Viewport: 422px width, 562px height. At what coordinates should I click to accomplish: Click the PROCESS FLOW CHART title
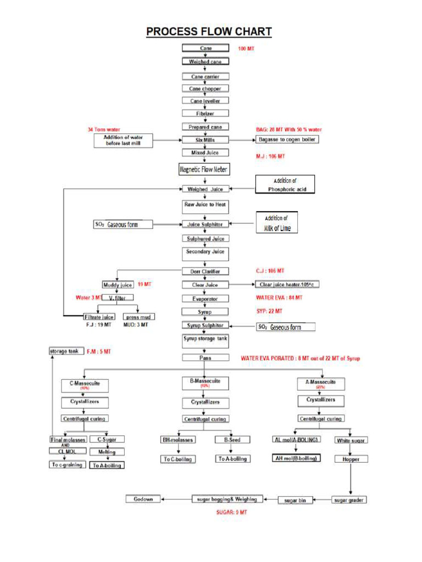pos(209,32)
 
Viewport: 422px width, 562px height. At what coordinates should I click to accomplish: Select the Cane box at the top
pos(205,48)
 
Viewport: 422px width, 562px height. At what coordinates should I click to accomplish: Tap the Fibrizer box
pos(205,114)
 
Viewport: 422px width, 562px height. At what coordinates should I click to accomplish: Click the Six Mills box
pos(205,140)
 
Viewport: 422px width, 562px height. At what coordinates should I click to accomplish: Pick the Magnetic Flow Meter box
pos(203,170)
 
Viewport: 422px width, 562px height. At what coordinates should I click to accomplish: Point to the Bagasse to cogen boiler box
pos(287,140)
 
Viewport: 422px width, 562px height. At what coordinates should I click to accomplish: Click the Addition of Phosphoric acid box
pos(285,184)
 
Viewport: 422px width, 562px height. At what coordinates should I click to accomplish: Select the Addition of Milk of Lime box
pos(277,222)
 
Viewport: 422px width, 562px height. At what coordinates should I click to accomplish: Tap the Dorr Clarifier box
pos(205,271)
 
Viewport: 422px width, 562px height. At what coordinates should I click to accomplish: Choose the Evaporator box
pos(205,299)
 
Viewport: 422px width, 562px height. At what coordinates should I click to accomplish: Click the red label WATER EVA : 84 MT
pos(279,297)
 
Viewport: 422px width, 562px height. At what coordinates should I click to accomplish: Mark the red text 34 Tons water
pos(104,130)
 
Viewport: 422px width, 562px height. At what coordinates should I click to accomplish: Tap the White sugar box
pos(351,440)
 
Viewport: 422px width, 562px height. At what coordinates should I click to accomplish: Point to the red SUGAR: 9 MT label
pos(231,512)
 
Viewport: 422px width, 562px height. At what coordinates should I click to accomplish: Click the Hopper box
pos(351,459)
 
